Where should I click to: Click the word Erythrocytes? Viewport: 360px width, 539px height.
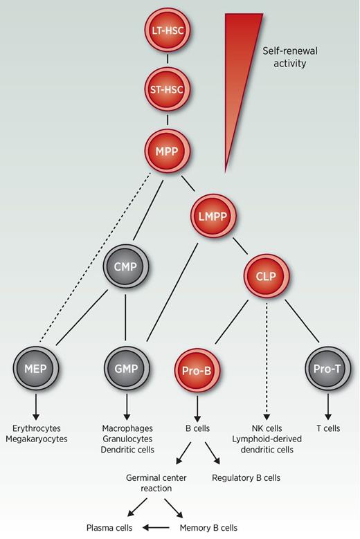point(34,428)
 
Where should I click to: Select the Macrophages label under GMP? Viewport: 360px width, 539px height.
point(127,428)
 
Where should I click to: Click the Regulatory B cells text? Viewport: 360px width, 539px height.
point(246,477)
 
